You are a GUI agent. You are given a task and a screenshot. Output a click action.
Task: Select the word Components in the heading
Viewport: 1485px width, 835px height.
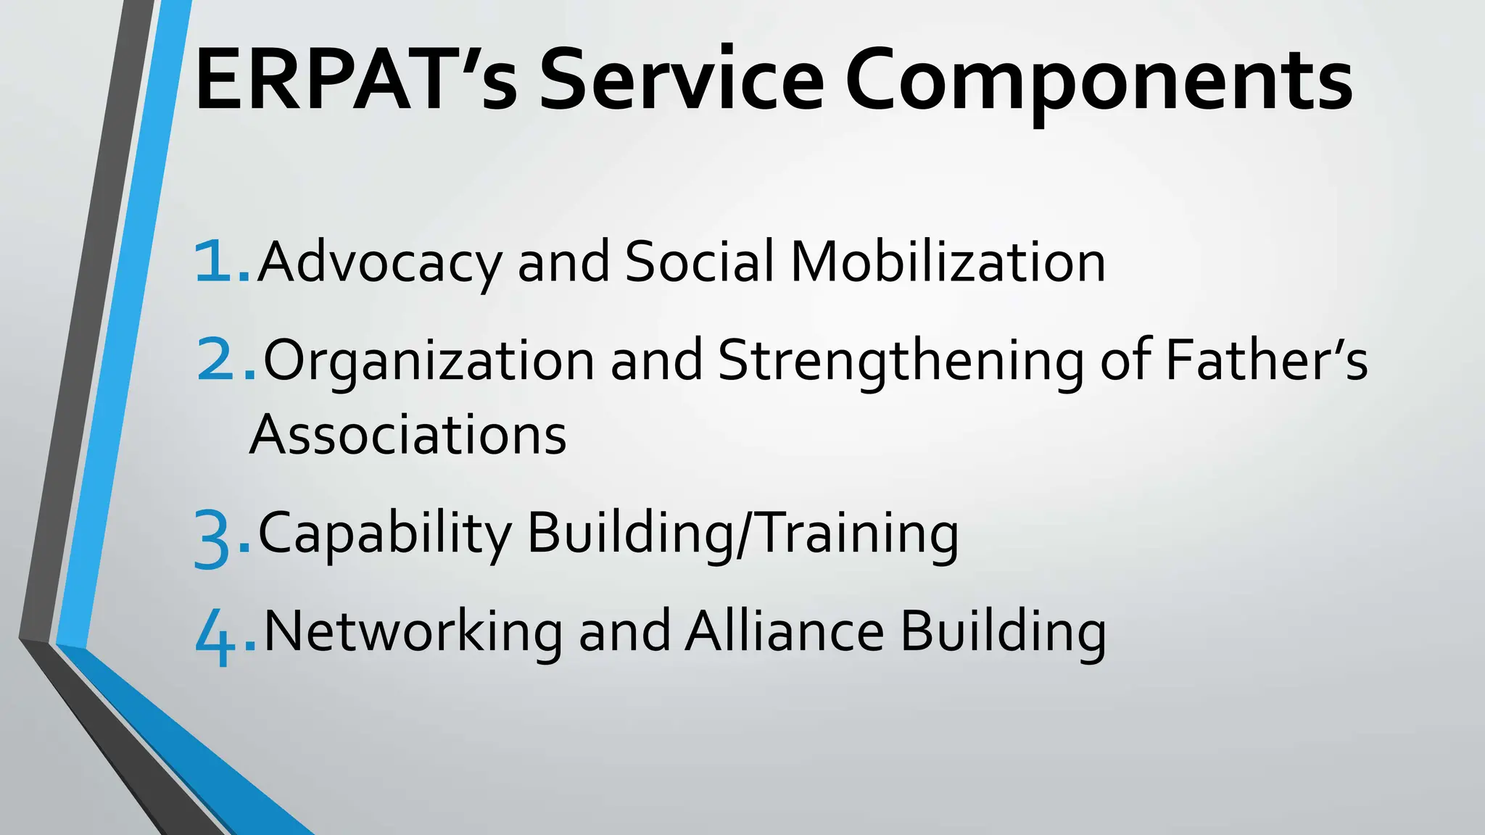pos(1099,83)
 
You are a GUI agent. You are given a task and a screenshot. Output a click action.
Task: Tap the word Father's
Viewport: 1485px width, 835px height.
pos(1266,360)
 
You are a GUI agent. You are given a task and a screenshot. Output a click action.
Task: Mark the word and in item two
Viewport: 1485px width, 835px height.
pos(657,360)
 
